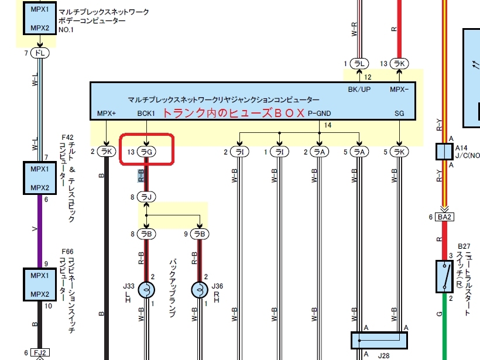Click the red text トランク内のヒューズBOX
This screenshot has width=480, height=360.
pyautogui.click(x=233, y=113)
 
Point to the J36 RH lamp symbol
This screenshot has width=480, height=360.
pyautogui.click(x=200, y=290)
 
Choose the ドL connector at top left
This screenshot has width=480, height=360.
pyautogui.click(x=40, y=53)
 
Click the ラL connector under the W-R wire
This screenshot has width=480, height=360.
pyautogui.click(x=358, y=63)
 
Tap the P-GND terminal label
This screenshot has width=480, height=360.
pyautogui.click(x=319, y=113)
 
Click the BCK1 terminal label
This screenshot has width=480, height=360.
pyautogui.click(x=146, y=113)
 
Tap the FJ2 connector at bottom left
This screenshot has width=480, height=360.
pyautogui.click(x=40, y=353)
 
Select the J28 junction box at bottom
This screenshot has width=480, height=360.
pyautogui.click(x=378, y=340)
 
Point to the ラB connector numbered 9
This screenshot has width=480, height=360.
pyautogui.click(x=200, y=234)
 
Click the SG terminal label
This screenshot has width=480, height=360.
pyautogui.click(x=399, y=113)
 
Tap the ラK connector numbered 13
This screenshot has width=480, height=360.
pyautogui.click(x=399, y=63)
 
